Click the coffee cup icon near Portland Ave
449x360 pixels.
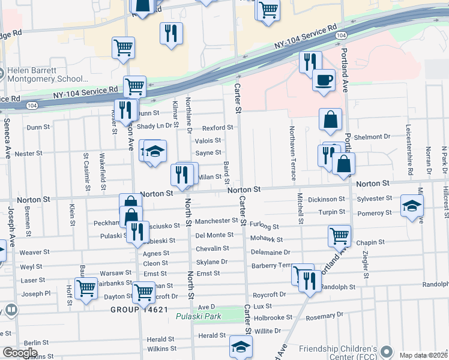pyautogui.click(x=324, y=80)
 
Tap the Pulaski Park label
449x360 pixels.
pyautogui.click(x=199, y=316)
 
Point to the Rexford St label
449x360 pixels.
pyautogui.click(x=217, y=128)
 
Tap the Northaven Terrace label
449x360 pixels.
pyautogui.click(x=293, y=154)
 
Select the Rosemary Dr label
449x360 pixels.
pyautogui.click(x=324, y=314)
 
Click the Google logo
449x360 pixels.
pyautogui.click(x=19, y=353)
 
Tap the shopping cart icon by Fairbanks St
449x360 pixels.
pyautogui.click(x=86, y=288)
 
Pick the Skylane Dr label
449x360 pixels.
pyautogui.click(x=212, y=262)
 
